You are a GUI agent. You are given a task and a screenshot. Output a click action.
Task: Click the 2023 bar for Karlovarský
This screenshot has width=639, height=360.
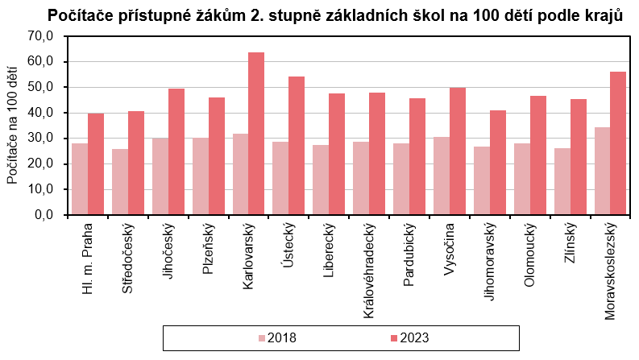[x=256, y=134]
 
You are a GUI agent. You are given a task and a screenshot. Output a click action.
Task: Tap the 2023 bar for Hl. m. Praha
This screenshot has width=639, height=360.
[x=96, y=164]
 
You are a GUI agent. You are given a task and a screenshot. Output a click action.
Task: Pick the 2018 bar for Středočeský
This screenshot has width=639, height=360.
[x=120, y=182]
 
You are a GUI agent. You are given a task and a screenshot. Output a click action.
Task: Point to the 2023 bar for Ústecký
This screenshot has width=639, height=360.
[x=297, y=146]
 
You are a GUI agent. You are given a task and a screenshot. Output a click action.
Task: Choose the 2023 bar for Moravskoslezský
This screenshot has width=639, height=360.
[x=618, y=143]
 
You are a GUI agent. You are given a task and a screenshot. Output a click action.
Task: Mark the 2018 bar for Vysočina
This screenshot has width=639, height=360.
[x=440, y=176]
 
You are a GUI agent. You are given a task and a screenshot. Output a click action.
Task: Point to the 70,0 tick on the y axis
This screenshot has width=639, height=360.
[x=39, y=35]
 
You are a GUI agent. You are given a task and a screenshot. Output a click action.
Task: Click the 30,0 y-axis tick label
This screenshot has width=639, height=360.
[x=39, y=139]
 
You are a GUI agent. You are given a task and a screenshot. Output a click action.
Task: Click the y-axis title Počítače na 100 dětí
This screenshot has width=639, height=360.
[x=12, y=126]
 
